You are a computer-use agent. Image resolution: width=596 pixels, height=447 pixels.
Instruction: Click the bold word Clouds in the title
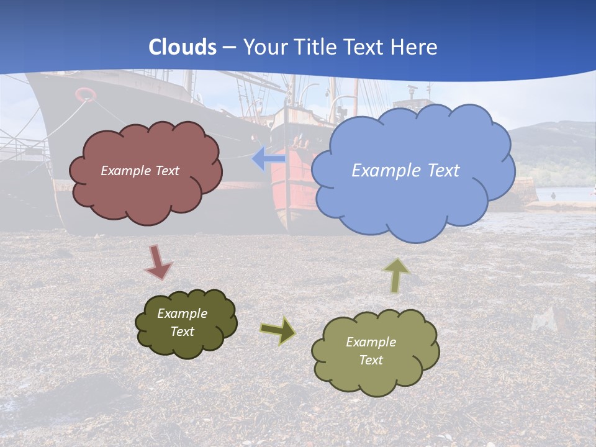click(183, 47)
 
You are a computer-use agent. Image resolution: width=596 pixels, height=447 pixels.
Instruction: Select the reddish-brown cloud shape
click(145, 192)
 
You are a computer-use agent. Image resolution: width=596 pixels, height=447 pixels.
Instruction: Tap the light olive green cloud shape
click(375, 372)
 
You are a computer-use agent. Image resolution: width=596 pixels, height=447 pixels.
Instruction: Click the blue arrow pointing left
click(268, 159)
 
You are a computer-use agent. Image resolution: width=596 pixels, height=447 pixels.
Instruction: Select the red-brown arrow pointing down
click(158, 262)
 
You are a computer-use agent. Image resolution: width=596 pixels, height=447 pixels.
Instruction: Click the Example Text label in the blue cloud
click(405, 170)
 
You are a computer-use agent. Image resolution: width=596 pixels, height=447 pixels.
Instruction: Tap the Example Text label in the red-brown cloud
click(140, 171)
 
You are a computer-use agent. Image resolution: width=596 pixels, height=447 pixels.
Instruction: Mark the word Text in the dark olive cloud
click(183, 332)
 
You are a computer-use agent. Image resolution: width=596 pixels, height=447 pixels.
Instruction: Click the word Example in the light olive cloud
click(371, 342)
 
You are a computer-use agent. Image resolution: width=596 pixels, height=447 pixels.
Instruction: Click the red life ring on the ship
click(86, 94)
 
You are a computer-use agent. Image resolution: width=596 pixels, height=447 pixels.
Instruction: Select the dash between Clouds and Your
click(230, 47)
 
